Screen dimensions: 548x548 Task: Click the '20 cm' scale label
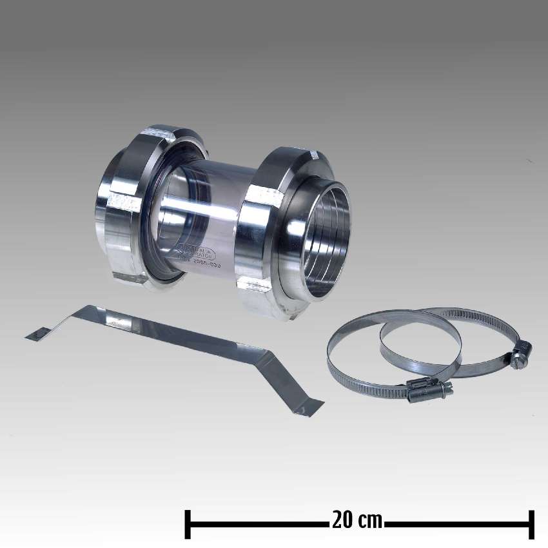(x=357, y=520)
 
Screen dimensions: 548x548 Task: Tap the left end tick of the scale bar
(x=188, y=524)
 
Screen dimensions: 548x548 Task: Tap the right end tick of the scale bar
(x=531, y=524)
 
